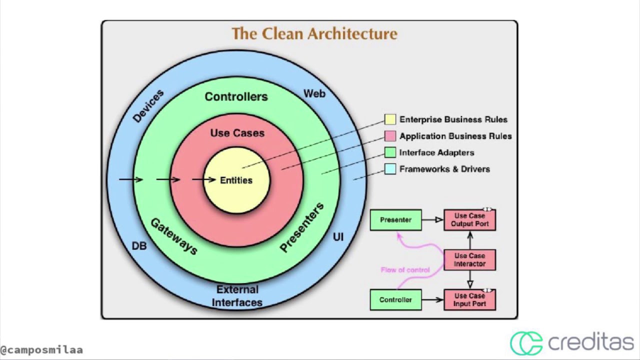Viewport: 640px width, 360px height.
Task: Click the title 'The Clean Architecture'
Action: (314, 34)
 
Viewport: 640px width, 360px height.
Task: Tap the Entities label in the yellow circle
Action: (236, 180)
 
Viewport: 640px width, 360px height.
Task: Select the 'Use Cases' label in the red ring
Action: (237, 133)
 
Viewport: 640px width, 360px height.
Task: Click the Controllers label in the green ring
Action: (236, 96)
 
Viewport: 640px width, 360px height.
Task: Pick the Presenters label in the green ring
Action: (301, 227)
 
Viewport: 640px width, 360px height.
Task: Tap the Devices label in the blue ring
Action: (148, 106)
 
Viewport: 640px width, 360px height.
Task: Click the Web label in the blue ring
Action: (314, 93)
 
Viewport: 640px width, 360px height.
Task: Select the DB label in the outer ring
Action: (139, 246)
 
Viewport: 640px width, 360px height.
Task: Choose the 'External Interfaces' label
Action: (237, 296)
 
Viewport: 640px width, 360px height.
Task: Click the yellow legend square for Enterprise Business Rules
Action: (390, 119)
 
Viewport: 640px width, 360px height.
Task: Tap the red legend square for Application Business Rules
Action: (390, 136)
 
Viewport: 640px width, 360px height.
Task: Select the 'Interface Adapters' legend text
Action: (436, 152)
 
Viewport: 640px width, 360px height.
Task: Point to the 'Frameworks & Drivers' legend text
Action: (444, 169)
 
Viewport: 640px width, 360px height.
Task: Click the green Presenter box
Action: (395, 220)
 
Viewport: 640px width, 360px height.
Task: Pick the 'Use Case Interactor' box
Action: (469, 260)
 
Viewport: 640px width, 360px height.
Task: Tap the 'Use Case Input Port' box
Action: (469, 300)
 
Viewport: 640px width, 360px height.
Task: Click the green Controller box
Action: (395, 300)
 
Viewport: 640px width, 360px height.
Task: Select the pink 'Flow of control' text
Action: (405, 270)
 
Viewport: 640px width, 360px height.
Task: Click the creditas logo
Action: (571, 343)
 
